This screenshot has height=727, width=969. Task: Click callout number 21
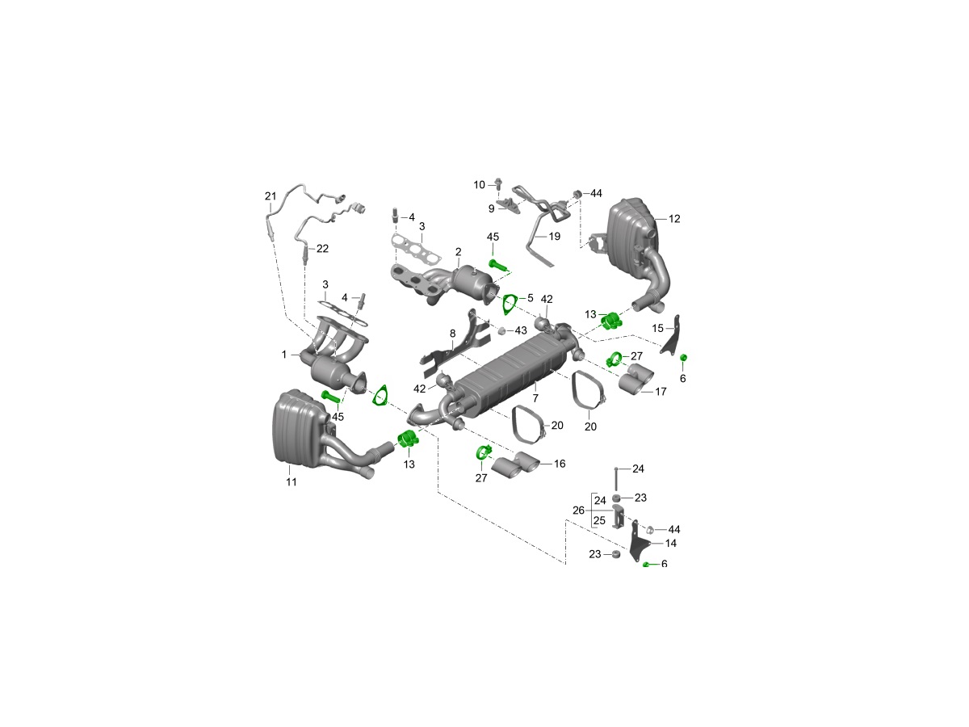(x=271, y=196)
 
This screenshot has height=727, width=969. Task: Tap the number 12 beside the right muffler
(x=674, y=218)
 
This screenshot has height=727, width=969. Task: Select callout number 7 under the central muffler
(x=535, y=398)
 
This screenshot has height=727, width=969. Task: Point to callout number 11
(x=292, y=482)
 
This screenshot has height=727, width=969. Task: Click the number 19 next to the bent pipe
(x=554, y=236)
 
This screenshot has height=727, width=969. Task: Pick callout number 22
(x=323, y=249)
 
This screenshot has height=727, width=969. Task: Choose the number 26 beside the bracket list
(x=578, y=511)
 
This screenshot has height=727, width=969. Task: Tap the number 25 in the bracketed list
(x=599, y=521)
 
